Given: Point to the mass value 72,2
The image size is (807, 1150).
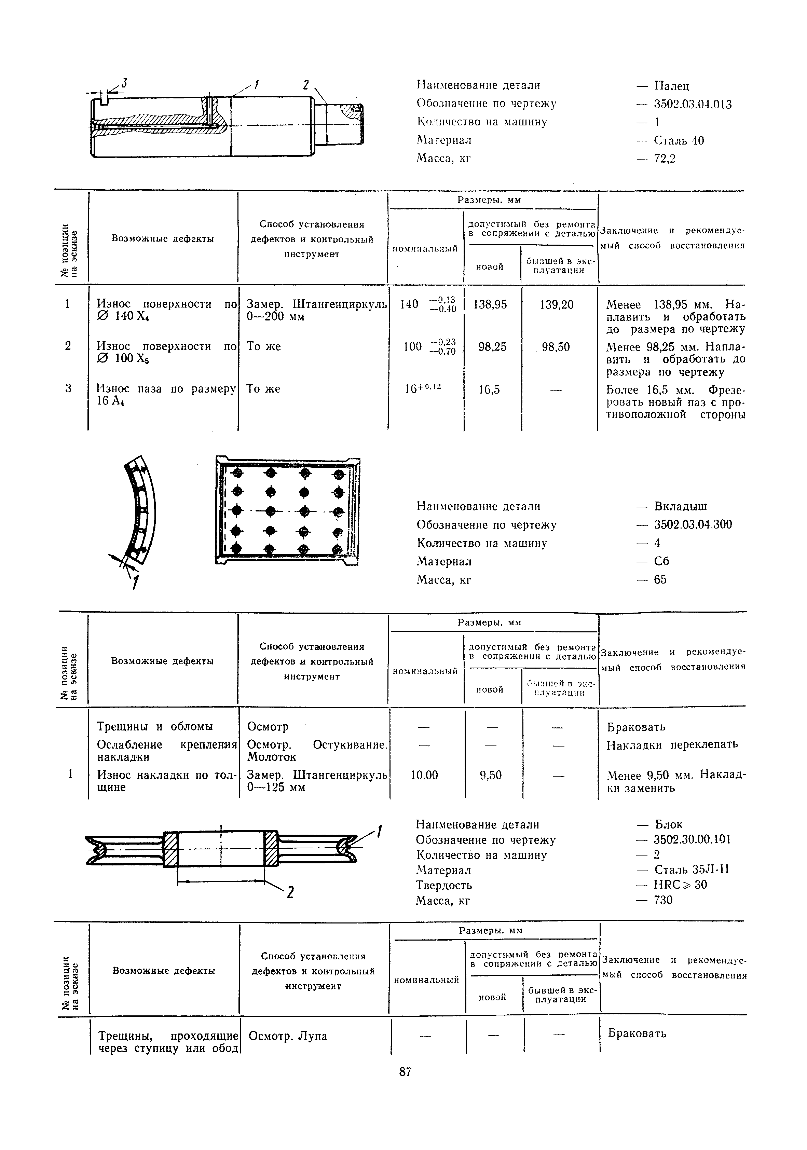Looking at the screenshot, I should [x=665, y=159].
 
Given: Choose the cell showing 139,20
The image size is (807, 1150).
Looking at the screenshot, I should [x=557, y=304].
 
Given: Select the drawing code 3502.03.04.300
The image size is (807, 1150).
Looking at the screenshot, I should [x=693, y=524].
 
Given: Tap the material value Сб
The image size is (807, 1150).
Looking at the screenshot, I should [x=661, y=561].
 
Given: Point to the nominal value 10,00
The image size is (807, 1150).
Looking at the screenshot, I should [x=424, y=775].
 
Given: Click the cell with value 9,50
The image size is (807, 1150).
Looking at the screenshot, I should [x=490, y=775].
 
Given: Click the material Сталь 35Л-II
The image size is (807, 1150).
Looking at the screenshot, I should [x=691, y=870].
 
